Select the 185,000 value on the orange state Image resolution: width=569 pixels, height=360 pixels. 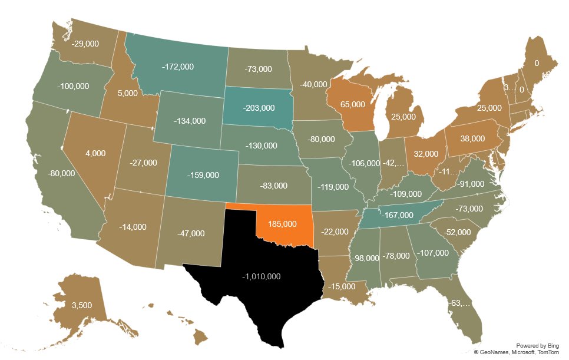(x=282, y=224)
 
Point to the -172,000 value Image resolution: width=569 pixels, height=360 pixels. (x=177, y=67)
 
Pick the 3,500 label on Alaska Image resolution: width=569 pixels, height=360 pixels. (x=81, y=306)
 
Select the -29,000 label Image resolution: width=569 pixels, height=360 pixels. (x=85, y=44)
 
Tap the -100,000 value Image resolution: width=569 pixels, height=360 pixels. (x=74, y=86)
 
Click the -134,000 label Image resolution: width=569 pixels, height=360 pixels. (x=190, y=121)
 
